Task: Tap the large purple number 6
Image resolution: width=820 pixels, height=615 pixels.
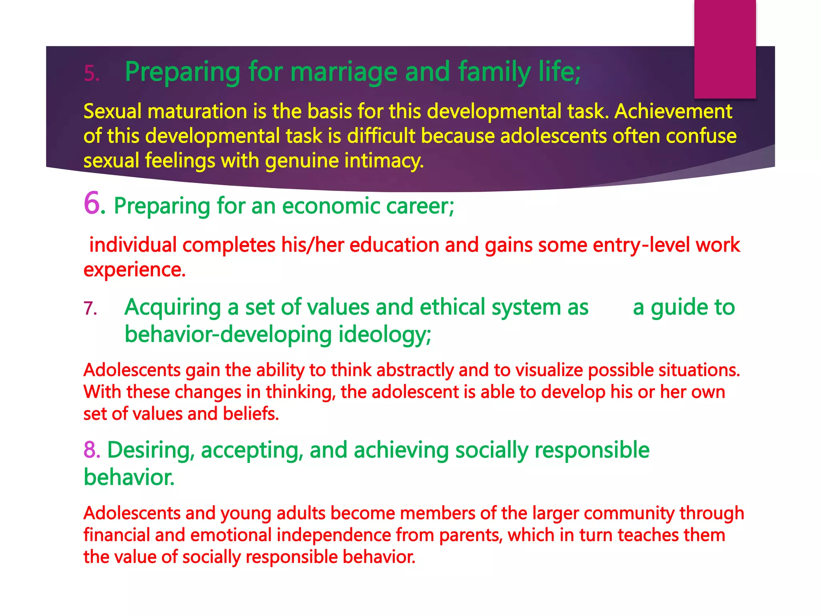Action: [92, 203]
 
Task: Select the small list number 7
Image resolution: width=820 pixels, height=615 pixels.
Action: [90, 309]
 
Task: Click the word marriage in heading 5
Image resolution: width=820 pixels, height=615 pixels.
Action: [344, 72]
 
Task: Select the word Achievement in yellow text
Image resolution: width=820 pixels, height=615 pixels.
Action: [673, 111]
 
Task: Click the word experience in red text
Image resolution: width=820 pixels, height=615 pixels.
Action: [134, 269]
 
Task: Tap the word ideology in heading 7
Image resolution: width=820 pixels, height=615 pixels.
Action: [384, 335]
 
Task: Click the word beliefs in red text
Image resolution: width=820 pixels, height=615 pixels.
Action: [250, 414]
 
